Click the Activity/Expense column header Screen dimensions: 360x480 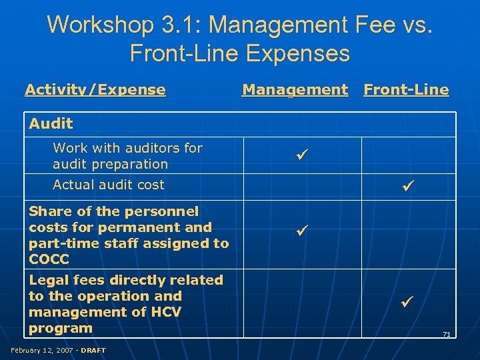coord(95,89)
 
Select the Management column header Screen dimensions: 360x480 coord(295,89)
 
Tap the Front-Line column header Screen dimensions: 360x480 coord(406,89)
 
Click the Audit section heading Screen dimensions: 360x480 coord(51,123)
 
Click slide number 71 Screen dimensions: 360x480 coord(446,334)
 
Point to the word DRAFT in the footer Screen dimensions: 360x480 coord(93,350)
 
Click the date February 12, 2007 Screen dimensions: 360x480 coord(41,350)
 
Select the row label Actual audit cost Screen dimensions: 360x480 coord(108,185)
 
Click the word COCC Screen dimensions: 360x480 coord(49,259)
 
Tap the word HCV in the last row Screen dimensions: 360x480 coord(163,312)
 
